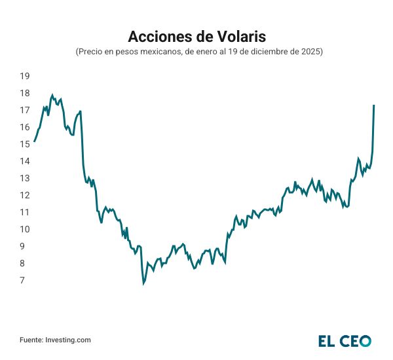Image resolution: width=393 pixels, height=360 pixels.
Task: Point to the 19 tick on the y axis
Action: (x=25, y=76)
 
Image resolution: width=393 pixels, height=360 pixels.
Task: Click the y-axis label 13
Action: (x=25, y=178)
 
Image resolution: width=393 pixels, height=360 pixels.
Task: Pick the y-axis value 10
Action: (x=25, y=229)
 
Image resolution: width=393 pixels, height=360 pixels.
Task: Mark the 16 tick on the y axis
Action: (x=25, y=127)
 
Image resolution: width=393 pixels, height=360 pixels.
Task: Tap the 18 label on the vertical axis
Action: (x=25, y=93)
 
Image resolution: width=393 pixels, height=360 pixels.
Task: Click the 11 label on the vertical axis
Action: (x=25, y=212)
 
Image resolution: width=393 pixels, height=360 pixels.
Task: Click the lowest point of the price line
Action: (x=143, y=283)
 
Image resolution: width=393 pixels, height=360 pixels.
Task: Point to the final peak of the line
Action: (x=374, y=105)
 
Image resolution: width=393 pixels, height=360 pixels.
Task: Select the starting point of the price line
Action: (x=34, y=141)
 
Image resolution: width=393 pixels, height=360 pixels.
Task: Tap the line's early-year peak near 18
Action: (x=52, y=95)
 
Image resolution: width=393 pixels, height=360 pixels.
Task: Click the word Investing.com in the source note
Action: (x=68, y=340)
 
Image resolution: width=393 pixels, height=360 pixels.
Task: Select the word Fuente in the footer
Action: (x=31, y=340)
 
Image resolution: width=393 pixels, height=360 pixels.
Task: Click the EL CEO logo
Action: (x=345, y=340)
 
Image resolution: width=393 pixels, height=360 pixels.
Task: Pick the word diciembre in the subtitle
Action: (x=261, y=51)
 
